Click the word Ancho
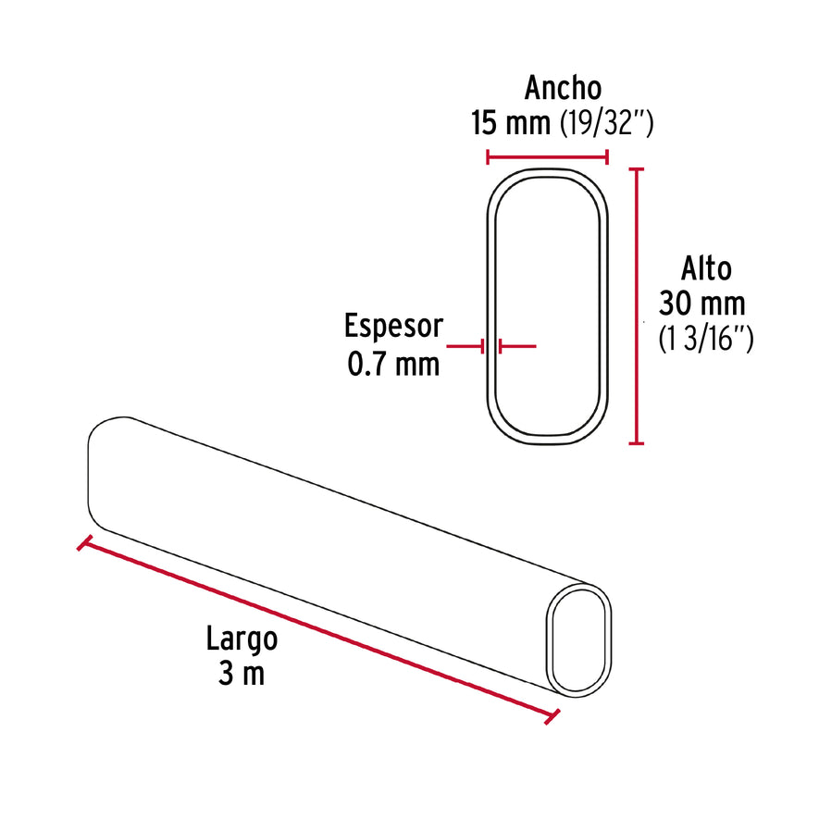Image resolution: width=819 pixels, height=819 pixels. coord(563,88)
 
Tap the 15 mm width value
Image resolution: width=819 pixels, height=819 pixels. coord(510,122)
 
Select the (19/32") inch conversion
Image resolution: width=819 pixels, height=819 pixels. coord(607,122)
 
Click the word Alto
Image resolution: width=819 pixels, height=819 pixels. coord(706,268)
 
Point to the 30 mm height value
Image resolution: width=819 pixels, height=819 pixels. coord(701,304)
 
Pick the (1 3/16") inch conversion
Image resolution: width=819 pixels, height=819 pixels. coord(705,339)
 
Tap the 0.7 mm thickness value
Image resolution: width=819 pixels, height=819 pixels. coord(393,364)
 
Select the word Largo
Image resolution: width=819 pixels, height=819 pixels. coord(242,639)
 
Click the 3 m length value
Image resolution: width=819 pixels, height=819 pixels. coord(242,674)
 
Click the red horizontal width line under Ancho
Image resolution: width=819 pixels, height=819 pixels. coord(547,156)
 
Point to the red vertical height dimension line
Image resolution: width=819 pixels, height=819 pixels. coord(636,305)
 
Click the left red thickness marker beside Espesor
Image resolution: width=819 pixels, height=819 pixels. coord(465,346)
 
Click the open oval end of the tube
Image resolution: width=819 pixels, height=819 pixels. coord(580,639)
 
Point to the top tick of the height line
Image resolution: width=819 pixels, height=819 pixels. coord(636,169)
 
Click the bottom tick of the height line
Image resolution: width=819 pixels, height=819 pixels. coord(636,443)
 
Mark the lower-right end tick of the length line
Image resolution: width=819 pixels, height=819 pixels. coord(554,716)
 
